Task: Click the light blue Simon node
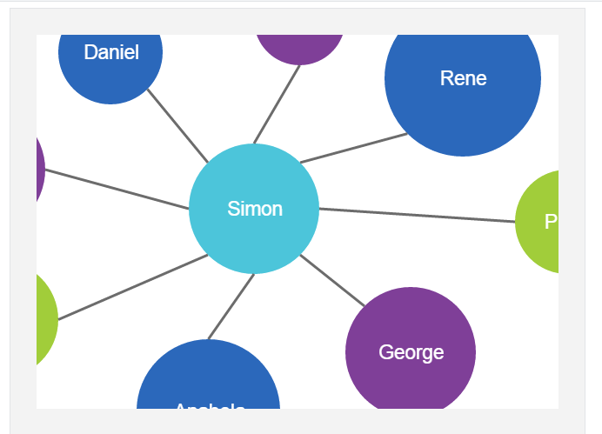pyautogui.click(x=254, y=209)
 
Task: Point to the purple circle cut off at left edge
pyautogui.click(x=39, y=170)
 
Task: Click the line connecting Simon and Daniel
pyautogui.click(x=178, y=125)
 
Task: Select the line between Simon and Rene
pyautogui.click(x=352, y=148)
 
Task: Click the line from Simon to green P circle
pyautogui.click(x=418, y=216)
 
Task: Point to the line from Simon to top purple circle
pyautogui.click(x=277, y=104)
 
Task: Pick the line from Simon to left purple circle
pyautogui.click(x=117, y=190)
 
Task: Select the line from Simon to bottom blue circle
pyautogui.click(x=231, y=307)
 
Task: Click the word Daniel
pyautogui.click(x=111, y=52)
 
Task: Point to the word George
pyautogui.click(x=411, y=352)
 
